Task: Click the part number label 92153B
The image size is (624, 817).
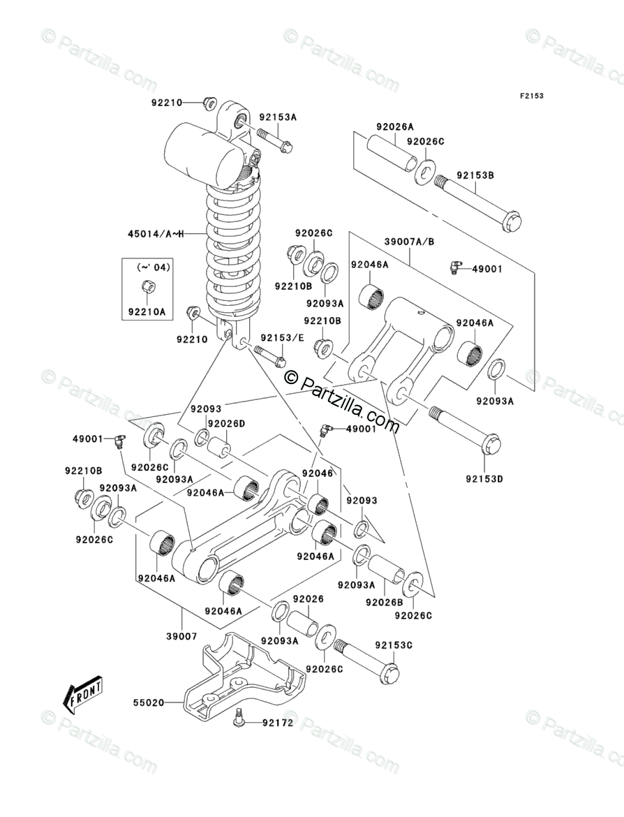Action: click(x=475, y=175)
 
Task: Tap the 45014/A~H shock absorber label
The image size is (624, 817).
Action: click(x=156, y=234)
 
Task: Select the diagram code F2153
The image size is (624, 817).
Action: click(x=531, y=96)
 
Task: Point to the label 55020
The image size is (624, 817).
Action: click(x=149, y=702)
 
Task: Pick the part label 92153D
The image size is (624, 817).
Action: click(x=484, y=478)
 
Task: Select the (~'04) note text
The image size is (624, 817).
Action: click(x=154, y=267)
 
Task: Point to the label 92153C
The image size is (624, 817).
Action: click(x=394, y=645)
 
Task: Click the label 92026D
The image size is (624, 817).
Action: click(x=227, y=424)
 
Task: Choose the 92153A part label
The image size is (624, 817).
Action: click(x=278, y=117)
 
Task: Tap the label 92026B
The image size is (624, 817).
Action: click(x=385, y=602)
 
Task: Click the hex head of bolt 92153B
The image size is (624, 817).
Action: click(x=512, y=223)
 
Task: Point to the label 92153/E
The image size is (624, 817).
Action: click(x=282, y=338)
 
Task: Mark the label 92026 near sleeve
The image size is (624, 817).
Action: click(x=308, y=599)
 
